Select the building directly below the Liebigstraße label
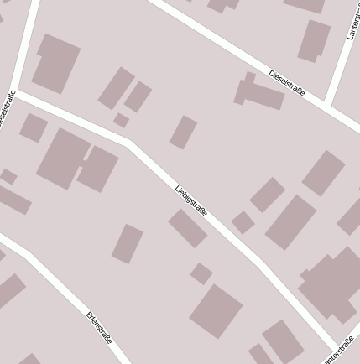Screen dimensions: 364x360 tap(187, 228)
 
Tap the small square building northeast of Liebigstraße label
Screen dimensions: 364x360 tap(243, 222)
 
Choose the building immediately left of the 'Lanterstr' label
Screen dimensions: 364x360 tap(314, 40)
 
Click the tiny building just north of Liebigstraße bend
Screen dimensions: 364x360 tap(122, 121)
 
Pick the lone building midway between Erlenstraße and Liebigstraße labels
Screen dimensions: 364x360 tap(128, 243)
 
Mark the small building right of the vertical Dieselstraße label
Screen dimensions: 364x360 tap(34, 127)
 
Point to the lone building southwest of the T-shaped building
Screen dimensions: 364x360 tap(184, 132)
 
